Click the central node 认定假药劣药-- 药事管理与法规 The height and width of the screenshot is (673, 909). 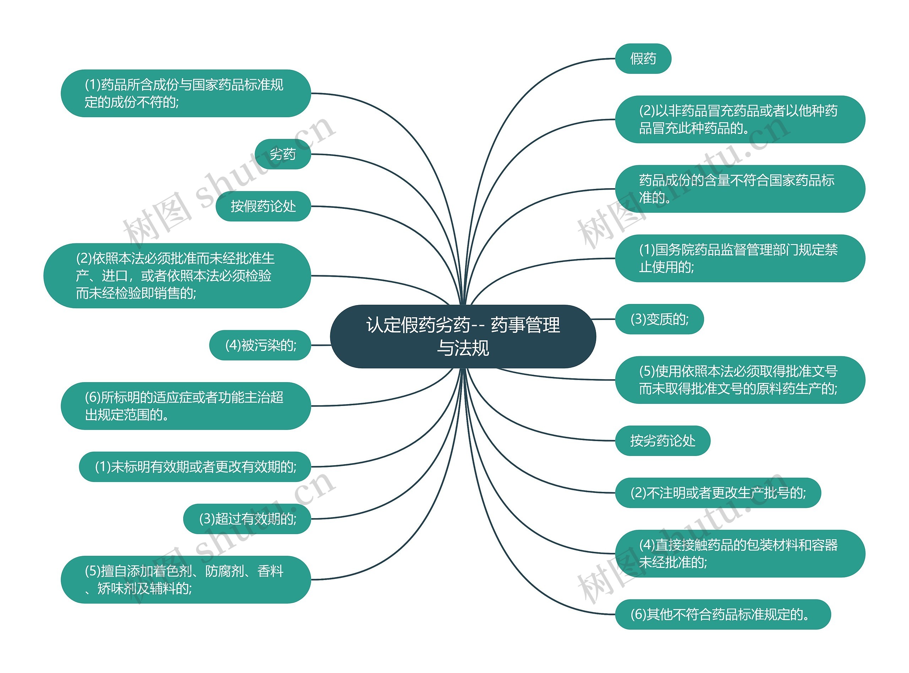(463, 337)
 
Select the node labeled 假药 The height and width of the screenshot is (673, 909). (643, 59)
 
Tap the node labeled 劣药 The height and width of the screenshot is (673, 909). (283, 154)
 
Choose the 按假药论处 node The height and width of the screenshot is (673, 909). (263, 206)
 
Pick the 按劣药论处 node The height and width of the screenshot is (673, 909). (662, 440)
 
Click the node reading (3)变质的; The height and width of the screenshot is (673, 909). (659, 319)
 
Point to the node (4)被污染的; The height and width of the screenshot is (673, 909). (260, 345)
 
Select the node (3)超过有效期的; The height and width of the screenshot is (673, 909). (247, 519)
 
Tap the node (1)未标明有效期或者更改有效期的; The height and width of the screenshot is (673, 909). (195, 466)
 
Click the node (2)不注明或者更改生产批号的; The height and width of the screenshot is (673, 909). (718, 493)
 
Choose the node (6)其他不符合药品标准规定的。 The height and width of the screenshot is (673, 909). (723, 614)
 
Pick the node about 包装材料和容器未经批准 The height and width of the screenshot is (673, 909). (740, 553)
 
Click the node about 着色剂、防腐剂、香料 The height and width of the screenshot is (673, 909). (186, 579)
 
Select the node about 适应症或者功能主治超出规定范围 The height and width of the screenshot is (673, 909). (186, 406)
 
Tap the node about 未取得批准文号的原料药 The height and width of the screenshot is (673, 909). (740, 380)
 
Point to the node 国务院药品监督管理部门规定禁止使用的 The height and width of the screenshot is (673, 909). (740, 258)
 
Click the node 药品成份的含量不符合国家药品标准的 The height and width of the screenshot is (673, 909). (740, 189)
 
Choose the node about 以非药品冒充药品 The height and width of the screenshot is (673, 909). (740, 119)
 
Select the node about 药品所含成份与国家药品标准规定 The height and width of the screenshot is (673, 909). (186, 93)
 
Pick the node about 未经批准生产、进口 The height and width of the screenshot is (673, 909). (177, 276)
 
